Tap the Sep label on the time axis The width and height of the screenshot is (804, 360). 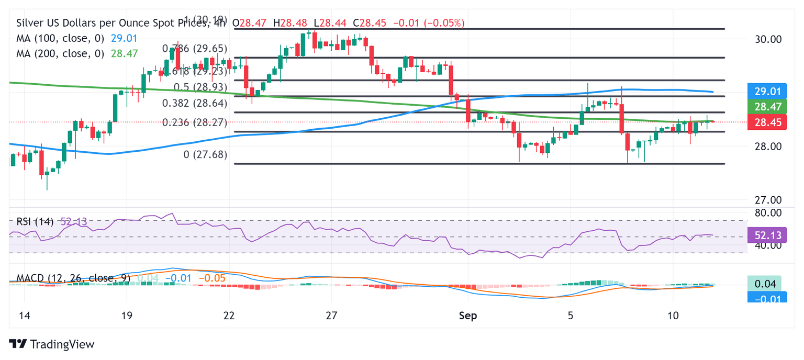click(x=467, y=316)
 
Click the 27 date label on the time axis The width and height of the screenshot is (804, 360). click(x=331, y=316)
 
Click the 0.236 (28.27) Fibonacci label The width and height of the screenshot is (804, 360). click(x=194, y=122)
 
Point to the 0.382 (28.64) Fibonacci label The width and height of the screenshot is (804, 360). click(x=194, y=103)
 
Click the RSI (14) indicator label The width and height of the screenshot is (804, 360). click(x=35, y=222)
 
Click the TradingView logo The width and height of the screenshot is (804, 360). click(x=52, y=344)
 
